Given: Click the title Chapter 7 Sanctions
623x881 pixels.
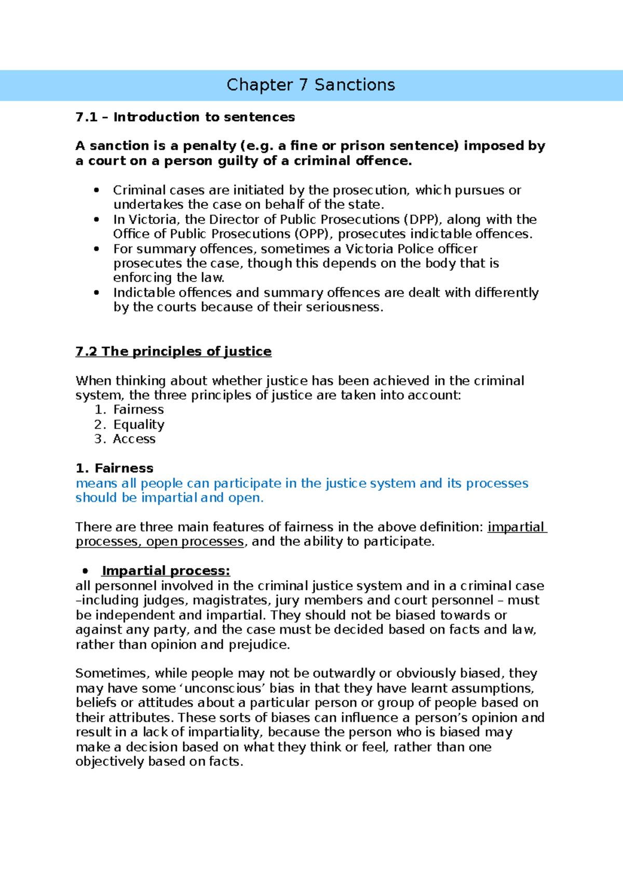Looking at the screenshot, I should [310, 85].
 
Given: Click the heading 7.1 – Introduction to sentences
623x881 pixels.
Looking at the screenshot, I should [185, 117].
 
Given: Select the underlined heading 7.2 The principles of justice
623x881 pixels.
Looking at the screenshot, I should [173, 352].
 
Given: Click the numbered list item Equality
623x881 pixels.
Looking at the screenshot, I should [139, 425].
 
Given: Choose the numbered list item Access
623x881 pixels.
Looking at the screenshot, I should [134, 439].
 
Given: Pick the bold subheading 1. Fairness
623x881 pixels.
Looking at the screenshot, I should [114, 469].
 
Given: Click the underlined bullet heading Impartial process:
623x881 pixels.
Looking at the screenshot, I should [166, 571].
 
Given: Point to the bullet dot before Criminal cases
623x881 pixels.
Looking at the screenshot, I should [96, 191].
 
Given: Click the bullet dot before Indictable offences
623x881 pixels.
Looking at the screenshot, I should [96, 293].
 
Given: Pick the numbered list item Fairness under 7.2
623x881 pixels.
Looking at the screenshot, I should [138, 410].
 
